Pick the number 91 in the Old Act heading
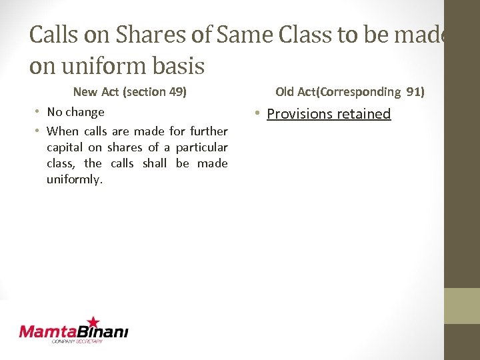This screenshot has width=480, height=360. point(413,91)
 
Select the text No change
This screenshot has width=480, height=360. point(75,112)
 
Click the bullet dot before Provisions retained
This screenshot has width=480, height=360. point(257,114)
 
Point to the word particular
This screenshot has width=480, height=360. point(201,147)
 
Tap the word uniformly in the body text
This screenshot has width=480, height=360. point(75,180)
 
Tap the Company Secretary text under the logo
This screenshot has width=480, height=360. point(77,341)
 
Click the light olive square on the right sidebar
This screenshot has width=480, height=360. point(461,306)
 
